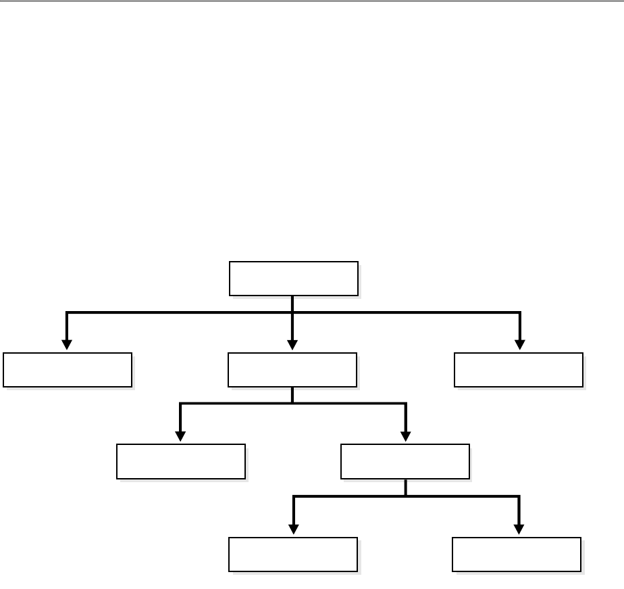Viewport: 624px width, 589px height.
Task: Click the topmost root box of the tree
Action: (x=293, y=278)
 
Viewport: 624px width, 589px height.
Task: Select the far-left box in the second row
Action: (x=67, y=369)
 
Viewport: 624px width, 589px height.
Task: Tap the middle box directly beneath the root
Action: (x=292, y=369)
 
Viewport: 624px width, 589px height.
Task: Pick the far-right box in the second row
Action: (x=518, y=369)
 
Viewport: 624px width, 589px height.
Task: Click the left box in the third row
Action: (x=180, y=461)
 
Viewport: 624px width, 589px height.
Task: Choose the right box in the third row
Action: (x=405, y=461)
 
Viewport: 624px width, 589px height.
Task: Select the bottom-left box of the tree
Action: (x=293, y=555)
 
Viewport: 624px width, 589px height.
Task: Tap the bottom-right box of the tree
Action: (x=517, y=555)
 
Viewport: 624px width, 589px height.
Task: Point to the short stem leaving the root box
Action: (x=292, y=304)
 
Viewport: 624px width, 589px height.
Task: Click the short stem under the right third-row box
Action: (x=405, y=488)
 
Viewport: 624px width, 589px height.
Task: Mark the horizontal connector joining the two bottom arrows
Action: (x=351, y=496)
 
